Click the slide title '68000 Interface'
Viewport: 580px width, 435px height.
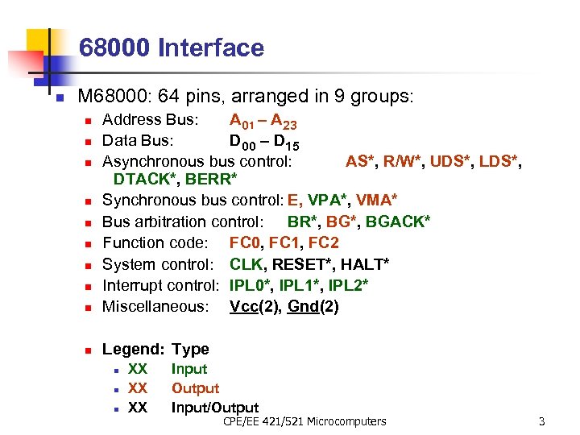(x=172, y=48)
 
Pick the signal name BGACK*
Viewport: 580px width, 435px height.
(x=398, y=222)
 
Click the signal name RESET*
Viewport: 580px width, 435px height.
(x=303, y=264)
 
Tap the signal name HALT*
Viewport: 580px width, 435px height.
(x=365, y=264)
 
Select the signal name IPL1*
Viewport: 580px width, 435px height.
(x=296, y=285)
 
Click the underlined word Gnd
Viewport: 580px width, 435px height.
(x=303, y=307)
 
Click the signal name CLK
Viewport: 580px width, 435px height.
(x=246, y=264)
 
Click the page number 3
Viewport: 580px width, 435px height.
(x=541, y=421)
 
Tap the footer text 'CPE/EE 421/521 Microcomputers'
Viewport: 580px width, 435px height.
(x=304, y=421)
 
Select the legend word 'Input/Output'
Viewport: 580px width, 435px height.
(x=214, y=408)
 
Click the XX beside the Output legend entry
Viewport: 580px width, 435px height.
(x=138, y=388)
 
